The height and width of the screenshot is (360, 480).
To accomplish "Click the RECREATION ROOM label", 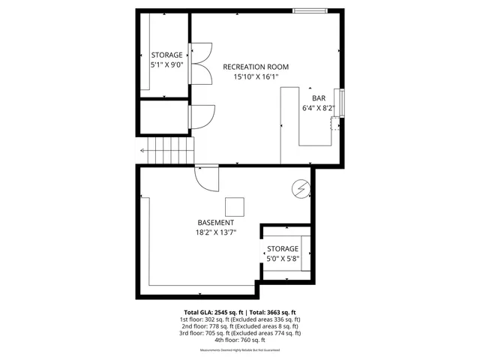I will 256,67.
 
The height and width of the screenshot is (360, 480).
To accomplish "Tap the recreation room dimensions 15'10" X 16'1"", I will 256,76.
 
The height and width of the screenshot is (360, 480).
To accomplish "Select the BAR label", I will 319,97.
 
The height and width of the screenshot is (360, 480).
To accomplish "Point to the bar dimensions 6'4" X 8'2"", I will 317,108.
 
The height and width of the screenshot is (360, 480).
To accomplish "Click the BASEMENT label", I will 215,223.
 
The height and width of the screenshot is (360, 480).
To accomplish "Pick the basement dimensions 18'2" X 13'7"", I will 215,232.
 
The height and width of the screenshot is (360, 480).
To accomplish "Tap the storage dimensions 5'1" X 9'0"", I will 166,65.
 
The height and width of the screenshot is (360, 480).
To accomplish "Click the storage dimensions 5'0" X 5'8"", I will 283,259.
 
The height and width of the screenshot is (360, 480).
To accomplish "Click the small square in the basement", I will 234,205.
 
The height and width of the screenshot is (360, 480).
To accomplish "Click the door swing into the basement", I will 206,177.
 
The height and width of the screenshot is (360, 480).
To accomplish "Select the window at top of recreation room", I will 309,10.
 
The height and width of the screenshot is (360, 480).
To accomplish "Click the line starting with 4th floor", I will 240,340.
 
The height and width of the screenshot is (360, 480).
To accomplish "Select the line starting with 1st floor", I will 240,319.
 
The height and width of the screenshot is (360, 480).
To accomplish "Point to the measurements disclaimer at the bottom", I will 240,350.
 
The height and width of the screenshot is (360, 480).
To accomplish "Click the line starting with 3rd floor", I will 240,333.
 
